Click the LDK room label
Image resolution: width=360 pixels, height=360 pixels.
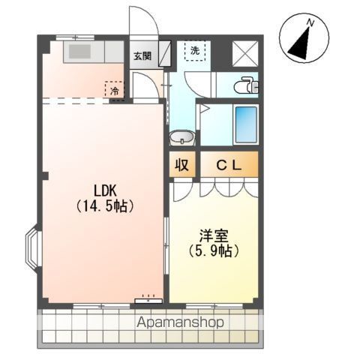tap(102, 188)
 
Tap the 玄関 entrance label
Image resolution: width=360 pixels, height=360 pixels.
tap(142, 55)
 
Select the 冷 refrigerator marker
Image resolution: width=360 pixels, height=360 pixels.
tap(115, 90)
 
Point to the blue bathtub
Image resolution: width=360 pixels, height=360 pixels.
tap(245, 124)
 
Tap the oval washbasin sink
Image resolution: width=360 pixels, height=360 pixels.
tap(181, 138)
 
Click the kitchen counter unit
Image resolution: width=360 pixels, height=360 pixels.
tap(93, 52)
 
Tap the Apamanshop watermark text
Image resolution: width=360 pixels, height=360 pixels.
tap(181, 322)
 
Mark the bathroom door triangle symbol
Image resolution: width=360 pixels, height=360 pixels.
tap(202, 108)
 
